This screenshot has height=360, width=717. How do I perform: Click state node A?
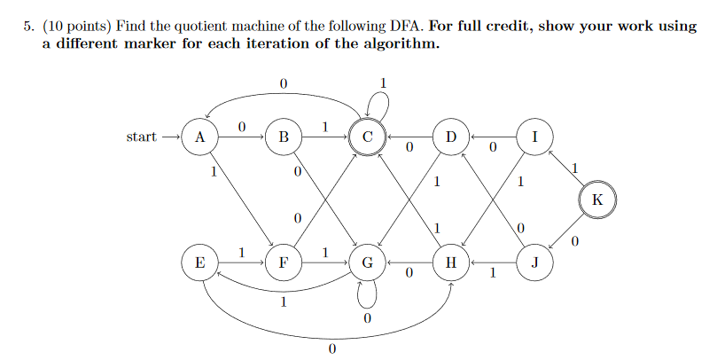(x=200, y=137)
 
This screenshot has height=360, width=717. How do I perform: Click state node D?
(x=451, y=137)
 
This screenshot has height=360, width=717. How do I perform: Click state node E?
(x=200, y=263)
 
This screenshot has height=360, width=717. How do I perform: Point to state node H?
(x=451, y=263)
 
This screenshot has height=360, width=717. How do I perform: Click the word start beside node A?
(x=141, y=137)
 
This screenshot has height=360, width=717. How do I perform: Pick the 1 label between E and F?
(x=241, y=254)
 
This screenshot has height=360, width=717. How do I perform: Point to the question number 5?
(x=27, y=27)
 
